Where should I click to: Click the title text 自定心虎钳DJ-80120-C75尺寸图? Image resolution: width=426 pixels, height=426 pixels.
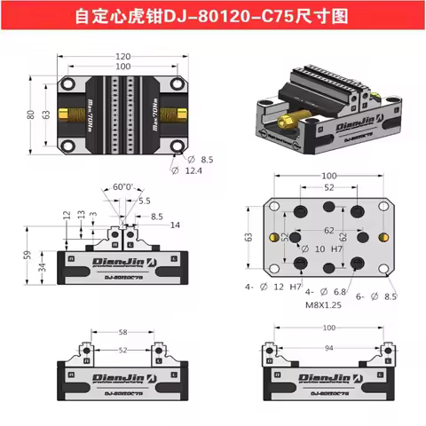point(213,15)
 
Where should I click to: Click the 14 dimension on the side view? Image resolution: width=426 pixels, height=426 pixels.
point(175,225)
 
